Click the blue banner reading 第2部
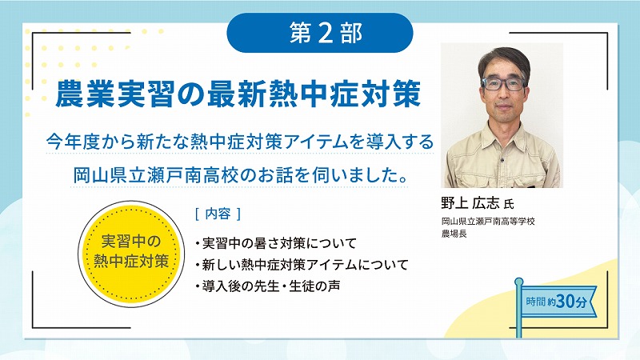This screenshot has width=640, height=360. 320,33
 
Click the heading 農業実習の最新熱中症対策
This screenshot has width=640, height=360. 238,94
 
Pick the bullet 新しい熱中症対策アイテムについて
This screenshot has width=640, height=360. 301,264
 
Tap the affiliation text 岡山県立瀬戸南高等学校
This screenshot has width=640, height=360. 487,222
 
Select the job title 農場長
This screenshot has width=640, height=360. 454,234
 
